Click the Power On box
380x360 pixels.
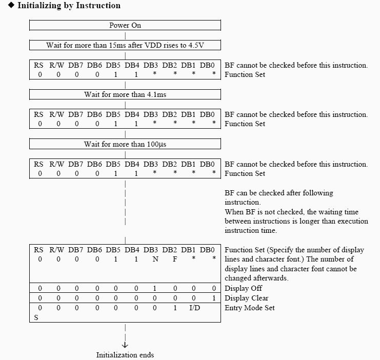point(125,25)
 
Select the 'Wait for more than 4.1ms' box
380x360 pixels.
point(125,95)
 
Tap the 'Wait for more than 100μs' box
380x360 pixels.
point(125,145)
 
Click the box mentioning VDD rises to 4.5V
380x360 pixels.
point(125,45)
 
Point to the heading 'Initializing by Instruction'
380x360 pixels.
point(69,6)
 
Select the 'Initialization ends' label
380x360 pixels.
point(125,354)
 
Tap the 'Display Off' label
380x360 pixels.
point(244,288)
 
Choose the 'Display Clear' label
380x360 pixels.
point(247,298)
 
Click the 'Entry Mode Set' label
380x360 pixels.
point(250,308)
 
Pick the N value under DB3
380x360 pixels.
point(154,259)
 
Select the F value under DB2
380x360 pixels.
point(175,259)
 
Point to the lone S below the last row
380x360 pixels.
point(36,317)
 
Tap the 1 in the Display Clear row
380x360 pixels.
point(214,298)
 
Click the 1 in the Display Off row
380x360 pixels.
point(154,288)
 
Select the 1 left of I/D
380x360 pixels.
point(175,308)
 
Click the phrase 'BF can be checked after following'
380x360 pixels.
point(279,193)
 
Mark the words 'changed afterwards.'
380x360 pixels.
point(256,277)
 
